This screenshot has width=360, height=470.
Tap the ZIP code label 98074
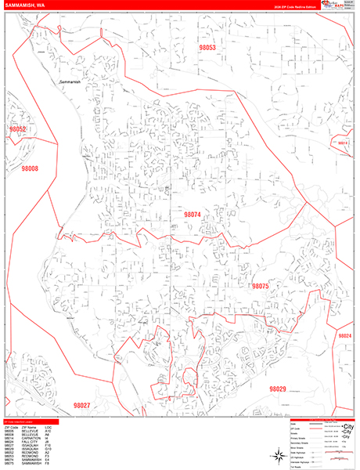pyautogui.click(x=192, y=214)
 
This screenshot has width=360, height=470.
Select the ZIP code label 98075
pyautogui.click(x=260, y=287)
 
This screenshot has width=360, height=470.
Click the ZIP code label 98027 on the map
pyautogui.click(x=81, y=405)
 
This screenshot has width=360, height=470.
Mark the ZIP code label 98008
pyautogui.click(x=30, y=168)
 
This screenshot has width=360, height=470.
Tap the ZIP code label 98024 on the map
pyautogui.click(x=344, y=335)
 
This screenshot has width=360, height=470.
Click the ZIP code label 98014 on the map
pyautogui.click(x=342, y=143)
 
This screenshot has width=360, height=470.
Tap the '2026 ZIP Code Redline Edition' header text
pyautogui.click(x=293, y=6)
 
